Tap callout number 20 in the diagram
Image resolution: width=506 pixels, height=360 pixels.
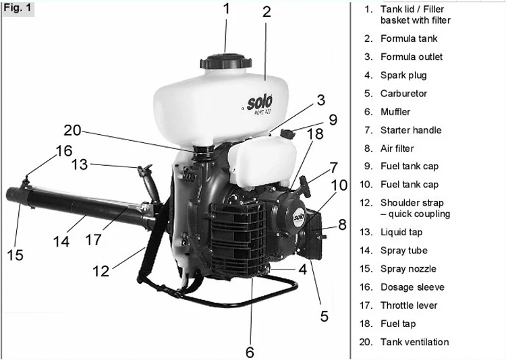click(x=72, y=130)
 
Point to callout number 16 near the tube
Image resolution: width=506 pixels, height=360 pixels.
click(x=63, y=150)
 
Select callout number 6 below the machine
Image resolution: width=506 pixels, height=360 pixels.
click(x=249, y=351)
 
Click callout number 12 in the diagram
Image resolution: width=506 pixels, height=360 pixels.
click(x=101, y=270)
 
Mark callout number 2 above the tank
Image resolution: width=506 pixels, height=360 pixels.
click(x=266, y=11)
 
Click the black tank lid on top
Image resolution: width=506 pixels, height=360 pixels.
click(x=225, y=59)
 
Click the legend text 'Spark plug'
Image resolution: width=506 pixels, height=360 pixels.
click(x=403, y=76)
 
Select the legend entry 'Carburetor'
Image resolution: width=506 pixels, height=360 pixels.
click(x=403, y=94)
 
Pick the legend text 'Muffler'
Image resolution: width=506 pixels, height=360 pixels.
click(x=395, y=112)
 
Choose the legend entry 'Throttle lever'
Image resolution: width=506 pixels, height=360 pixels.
click(x=408, y=305)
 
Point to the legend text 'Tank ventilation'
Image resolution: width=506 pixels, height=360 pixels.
click(x=414, y=342)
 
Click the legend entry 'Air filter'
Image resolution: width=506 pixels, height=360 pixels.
click(x=397, y=148)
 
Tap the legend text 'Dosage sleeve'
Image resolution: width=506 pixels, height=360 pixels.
click(x=412, y=287)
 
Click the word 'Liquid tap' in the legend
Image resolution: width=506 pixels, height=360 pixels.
click(x=401, y=232)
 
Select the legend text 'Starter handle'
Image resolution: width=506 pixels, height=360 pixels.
click(x=411, y=130)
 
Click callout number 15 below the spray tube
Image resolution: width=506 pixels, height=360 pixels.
click(x=15, y=254)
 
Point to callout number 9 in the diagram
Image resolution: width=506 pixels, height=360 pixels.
click(x=332, y=120)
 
